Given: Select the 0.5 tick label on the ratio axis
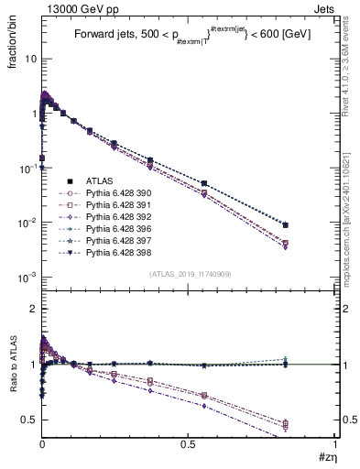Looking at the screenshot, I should (28, 420).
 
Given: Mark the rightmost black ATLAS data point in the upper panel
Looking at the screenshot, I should (286, 224).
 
